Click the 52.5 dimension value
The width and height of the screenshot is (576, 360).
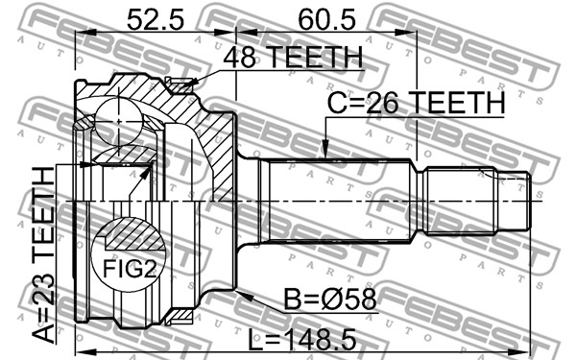coord(155,20)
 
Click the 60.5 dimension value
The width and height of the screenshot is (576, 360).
coord(326,20)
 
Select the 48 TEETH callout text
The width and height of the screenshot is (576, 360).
coord(293,57)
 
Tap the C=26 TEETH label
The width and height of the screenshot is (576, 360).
coord(416,103)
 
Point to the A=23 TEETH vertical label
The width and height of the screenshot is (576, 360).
coord(43,254)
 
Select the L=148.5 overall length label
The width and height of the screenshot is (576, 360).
coord(302,340)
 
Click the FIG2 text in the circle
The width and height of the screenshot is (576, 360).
coord(130,269)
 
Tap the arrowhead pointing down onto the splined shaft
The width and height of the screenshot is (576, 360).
coord(325,150)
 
